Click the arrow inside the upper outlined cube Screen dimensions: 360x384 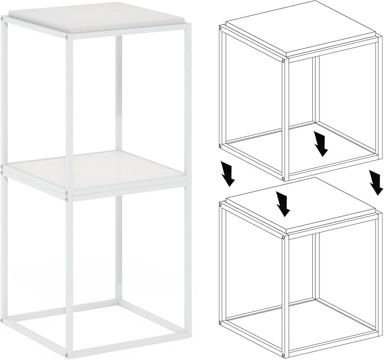(321, 143)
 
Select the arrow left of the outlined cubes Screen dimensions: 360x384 (228, 174)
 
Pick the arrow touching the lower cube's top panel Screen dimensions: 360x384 (283, 203)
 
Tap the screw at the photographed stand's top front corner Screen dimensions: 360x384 (68, 37)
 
